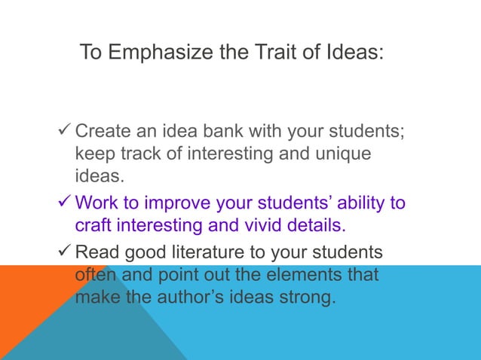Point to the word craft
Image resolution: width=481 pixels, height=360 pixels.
click(x=94, y=224)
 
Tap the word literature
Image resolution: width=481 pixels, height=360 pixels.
click(x=212, y=252)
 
